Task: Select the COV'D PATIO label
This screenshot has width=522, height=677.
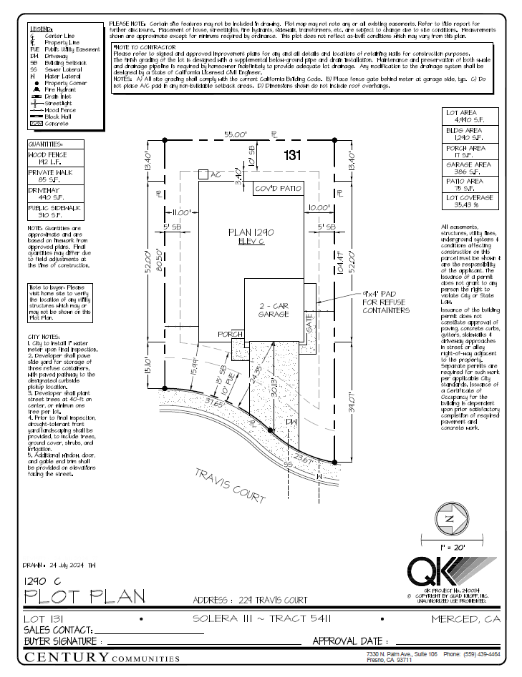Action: point(279,189)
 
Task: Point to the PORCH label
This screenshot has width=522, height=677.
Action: point(231,334)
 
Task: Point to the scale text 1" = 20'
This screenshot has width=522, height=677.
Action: point(448,547)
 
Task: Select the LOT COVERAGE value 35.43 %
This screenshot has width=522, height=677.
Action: point(469,204)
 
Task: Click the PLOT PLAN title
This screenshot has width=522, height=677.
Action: point(84,596)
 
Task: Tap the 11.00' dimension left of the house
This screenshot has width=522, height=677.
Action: point(182,212)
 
